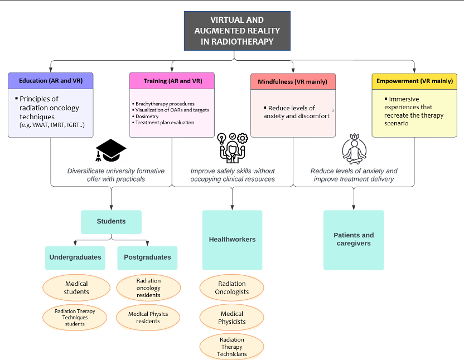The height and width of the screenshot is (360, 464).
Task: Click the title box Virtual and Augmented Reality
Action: tap(237, 31)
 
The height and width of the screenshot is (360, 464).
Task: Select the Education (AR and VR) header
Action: tap(51, 81)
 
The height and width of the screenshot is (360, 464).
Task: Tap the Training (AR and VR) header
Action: tap(172, 81)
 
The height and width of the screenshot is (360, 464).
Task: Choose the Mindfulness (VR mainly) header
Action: tap(293, 82)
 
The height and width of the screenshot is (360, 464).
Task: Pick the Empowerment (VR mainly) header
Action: tap(414, 81)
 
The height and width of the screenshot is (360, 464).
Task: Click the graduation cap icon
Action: tap(110, 150)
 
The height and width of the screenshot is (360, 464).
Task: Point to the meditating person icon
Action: tap(354, 149)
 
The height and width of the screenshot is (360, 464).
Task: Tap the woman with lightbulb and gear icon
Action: tap(233, 148)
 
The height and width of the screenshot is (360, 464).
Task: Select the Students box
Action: tap(112, 222)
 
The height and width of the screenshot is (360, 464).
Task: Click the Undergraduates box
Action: tap(75, 258)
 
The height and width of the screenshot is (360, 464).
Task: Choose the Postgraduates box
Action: tap(147, 258)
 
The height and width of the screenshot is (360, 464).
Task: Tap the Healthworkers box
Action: tap(233, 240)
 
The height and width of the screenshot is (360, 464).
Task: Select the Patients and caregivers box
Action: tap(354, 240)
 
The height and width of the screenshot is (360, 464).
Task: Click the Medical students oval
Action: tap(76, 288)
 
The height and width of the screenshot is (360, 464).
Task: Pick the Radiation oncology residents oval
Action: tap(148, 288)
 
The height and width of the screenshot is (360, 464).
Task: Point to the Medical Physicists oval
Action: tap(231, 318)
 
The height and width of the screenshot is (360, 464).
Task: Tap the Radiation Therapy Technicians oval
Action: tap(231, 347)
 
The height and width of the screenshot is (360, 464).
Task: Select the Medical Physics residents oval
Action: tap(148, 318)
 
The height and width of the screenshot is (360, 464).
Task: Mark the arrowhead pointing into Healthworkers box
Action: tap(233, 208)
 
